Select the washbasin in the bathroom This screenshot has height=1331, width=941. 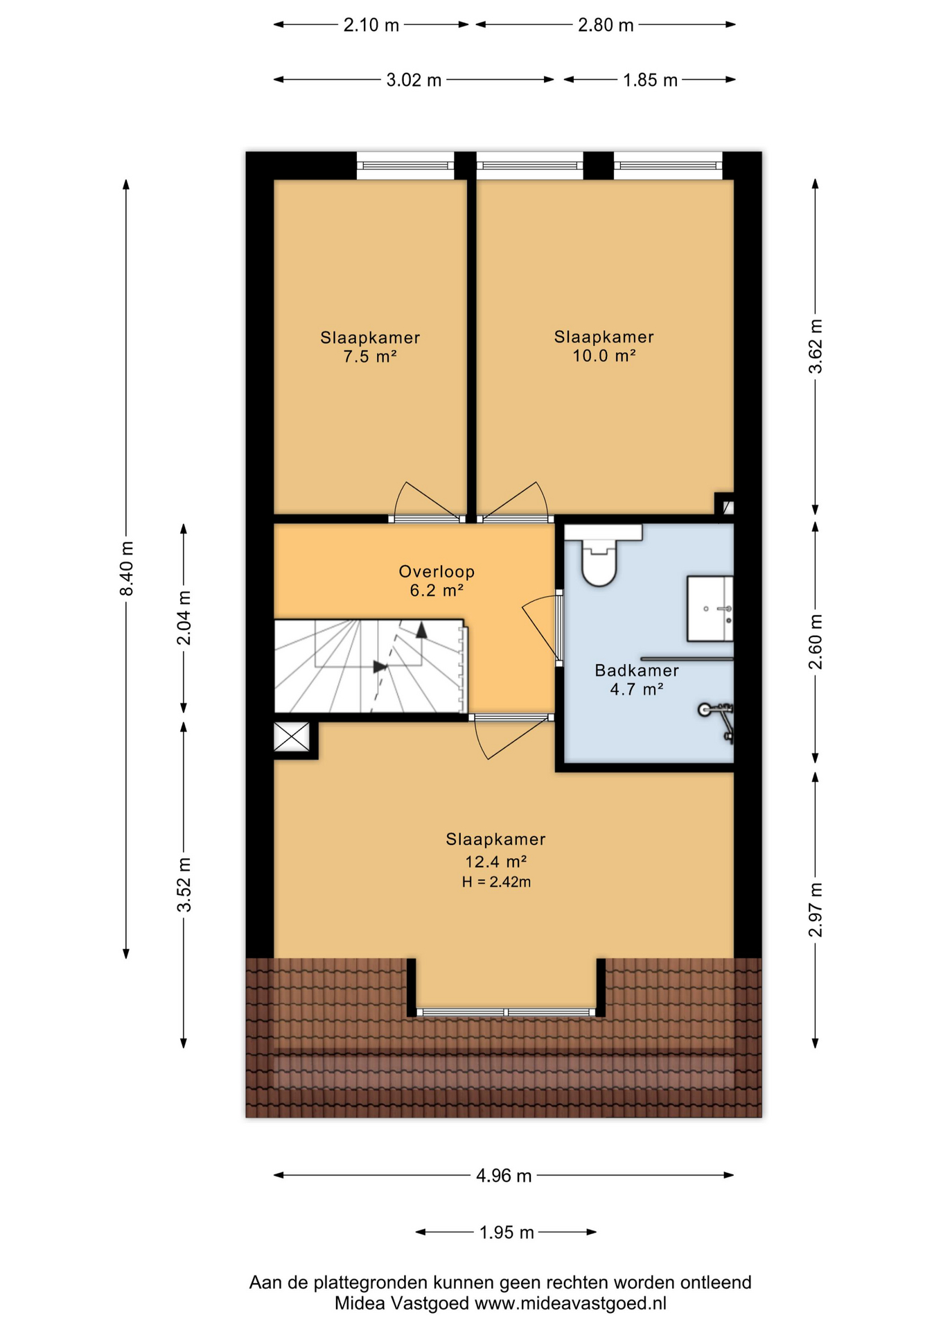tap(710, 608)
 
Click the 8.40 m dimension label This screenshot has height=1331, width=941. tap(126, 568)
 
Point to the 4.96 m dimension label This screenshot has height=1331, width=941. tap(504, 1176)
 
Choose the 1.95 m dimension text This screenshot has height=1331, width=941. tap(507, 1233)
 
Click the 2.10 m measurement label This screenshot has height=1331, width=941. tap(371, 25)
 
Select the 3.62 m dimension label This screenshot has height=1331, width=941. tap(816, 346)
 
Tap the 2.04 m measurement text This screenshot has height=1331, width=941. tap(184, 618)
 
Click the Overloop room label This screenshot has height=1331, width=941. tap(437, 572)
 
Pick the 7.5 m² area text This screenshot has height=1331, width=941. tap(370, 357)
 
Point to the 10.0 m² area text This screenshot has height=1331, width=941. tap(604, 356)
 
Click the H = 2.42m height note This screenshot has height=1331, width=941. tap(496, 882)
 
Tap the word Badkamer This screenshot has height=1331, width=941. tap(637, 670)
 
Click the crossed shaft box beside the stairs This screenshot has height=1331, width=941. tap(292, 737)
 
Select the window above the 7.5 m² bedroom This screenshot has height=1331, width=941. tap(405, 166)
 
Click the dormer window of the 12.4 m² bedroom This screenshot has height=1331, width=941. tap(507, 1012)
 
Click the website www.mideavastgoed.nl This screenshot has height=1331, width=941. tap(570, 1303)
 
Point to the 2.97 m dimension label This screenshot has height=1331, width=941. tap(816, 910)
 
